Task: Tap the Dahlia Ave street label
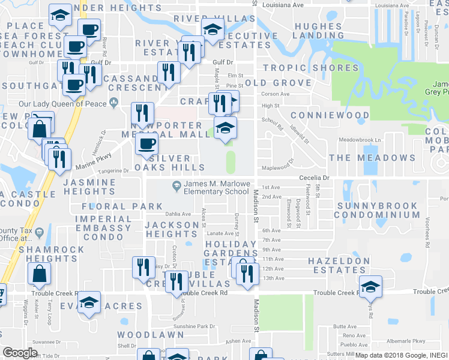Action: [178, 214]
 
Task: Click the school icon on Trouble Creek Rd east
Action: [371, 287]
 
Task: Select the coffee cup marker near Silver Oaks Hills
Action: [147, 143]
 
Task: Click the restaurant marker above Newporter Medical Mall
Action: [143, 112]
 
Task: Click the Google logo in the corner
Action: [20, 353]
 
